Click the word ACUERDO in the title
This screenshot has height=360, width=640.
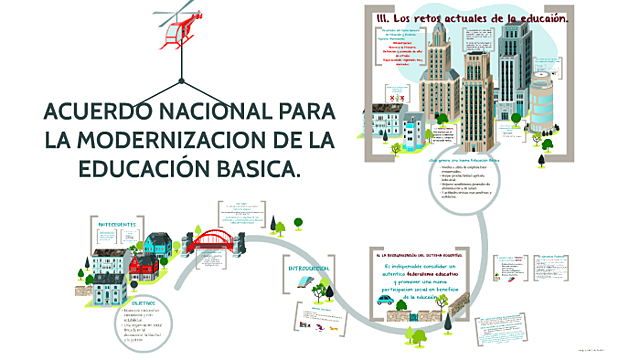(97, 111)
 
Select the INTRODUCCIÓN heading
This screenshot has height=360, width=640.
(309, 269)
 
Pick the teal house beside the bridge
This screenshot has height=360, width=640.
(158, 244)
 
